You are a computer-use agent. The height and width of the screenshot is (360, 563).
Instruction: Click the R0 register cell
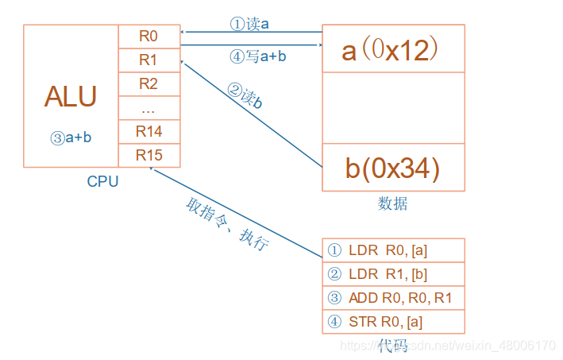click(148, 36)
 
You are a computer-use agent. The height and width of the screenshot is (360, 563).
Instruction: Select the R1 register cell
click(148, 60)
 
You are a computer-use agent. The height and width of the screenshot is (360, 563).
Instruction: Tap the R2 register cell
click(148, 83)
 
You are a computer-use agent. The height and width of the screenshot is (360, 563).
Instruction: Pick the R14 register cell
click(148, 131)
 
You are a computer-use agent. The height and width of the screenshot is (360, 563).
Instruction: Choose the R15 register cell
click(148, 155)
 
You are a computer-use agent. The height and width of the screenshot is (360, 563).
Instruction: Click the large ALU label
click(71, 97)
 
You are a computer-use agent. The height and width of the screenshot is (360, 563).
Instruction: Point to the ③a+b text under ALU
click(71, 137)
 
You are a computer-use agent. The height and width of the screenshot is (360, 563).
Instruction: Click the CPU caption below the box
click(102, 182)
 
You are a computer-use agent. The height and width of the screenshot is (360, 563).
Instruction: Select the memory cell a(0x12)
click(392, 49)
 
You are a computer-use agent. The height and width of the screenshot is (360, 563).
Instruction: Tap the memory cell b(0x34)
click(392, 168)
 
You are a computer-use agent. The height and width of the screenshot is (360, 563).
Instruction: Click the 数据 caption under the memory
click(392, 204)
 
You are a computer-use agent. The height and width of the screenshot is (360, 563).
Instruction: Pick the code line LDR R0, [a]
click(392, 250)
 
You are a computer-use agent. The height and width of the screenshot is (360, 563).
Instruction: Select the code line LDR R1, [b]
click(392, 274)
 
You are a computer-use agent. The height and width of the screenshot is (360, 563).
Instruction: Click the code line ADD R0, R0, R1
click(392, 298)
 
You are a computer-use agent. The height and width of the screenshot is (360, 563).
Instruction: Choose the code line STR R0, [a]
click(392, 322)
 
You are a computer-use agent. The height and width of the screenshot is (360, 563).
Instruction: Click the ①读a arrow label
click(249, 24)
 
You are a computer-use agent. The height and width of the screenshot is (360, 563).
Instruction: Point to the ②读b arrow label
click(245, 97)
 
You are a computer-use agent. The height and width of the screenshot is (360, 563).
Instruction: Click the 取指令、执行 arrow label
click(226, 225)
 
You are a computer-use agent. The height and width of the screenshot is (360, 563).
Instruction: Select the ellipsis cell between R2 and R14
click(148, 108)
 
